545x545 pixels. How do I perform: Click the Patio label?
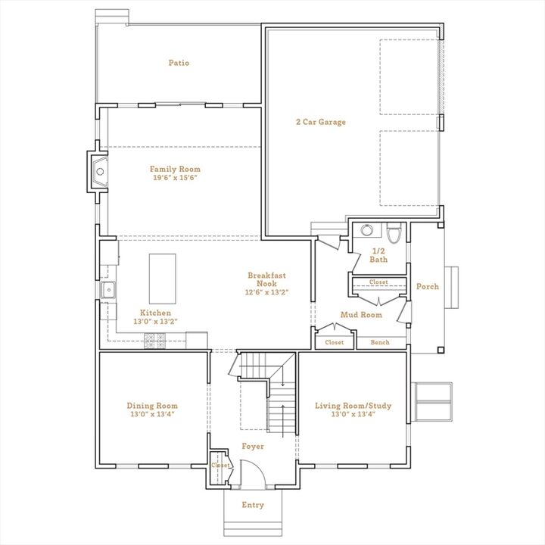coord(179,63)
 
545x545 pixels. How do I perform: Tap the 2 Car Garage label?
coord(320,121)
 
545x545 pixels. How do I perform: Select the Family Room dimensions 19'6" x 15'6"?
coord(175,179)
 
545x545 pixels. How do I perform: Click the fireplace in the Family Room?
coord(98,172)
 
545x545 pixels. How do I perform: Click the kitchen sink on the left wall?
coord(108,289)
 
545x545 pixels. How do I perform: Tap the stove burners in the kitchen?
coord(155,341)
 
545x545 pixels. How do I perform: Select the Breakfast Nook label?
coord(267,280)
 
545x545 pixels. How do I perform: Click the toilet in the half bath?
coord(393,232)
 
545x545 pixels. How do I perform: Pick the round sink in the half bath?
coord(366,231)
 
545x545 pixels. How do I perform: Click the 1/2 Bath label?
coord(378,255)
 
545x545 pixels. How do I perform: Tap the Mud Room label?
coord(361,315)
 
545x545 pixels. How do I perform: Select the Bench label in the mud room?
coord(380,343)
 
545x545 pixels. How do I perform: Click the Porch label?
coord(428,286)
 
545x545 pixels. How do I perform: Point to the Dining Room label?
coord(152,406)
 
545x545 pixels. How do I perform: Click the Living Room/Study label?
coord(353,406)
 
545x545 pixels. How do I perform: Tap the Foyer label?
coord(253,447)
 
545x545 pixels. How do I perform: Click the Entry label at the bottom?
coord(253,505)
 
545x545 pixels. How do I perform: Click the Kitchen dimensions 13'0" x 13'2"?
coord(155,322)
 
